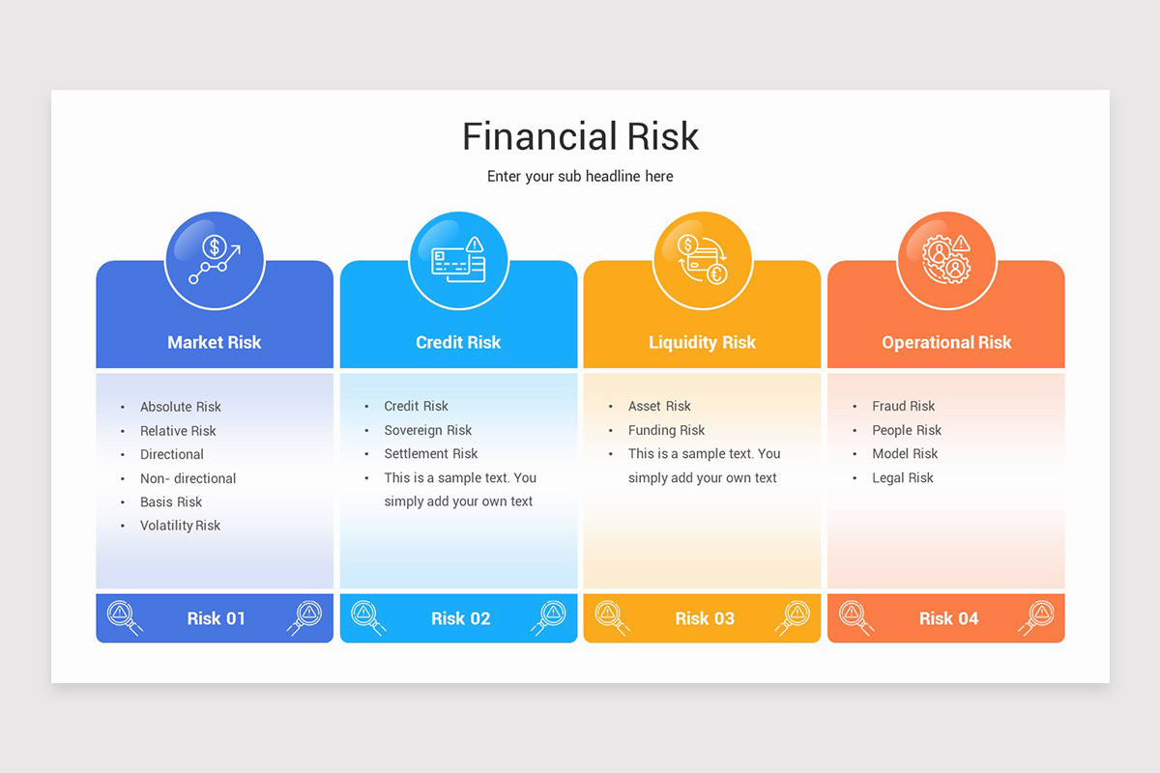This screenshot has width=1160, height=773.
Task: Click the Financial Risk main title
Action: click(x=580, y=136)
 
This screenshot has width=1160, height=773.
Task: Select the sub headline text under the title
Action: click(x=580, y=177)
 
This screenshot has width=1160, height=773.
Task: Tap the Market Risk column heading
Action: click(x=215, y=342)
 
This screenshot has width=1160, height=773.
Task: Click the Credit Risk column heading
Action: click(x=458, y=342)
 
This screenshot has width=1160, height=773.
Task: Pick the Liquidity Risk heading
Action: click(x=703, y=342)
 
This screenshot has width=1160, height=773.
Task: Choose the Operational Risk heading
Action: click(x=946, y=342)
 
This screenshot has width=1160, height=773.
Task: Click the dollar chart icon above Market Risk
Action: click(x=215, y=260)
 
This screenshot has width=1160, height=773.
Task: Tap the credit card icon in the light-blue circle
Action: click(x=458, y=260)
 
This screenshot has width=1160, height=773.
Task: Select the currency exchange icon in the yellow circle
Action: click(x=703, y=260)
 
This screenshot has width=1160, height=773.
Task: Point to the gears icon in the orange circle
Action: click(x=946, y=260)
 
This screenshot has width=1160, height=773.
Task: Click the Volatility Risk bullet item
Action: click(x=180, y=526)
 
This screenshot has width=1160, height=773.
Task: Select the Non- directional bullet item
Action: click(x=188, y=478)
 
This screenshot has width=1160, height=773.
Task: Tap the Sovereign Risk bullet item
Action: click(x=428, y=430)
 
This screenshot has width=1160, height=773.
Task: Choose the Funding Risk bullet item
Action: click(x=667, y=430)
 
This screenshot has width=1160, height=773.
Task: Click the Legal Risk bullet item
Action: click(x=903, y=477)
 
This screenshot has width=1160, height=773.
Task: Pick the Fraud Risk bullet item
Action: click(x=904, y=406)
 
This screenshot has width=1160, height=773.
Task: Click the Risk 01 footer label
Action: click(x=217, y=618)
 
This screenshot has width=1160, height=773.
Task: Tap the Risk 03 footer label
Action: click(x=705, y=618)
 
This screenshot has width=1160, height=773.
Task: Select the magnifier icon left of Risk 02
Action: click(x=366, y=616)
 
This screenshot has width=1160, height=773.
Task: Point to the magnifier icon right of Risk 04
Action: click(x=1036, y=616)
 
